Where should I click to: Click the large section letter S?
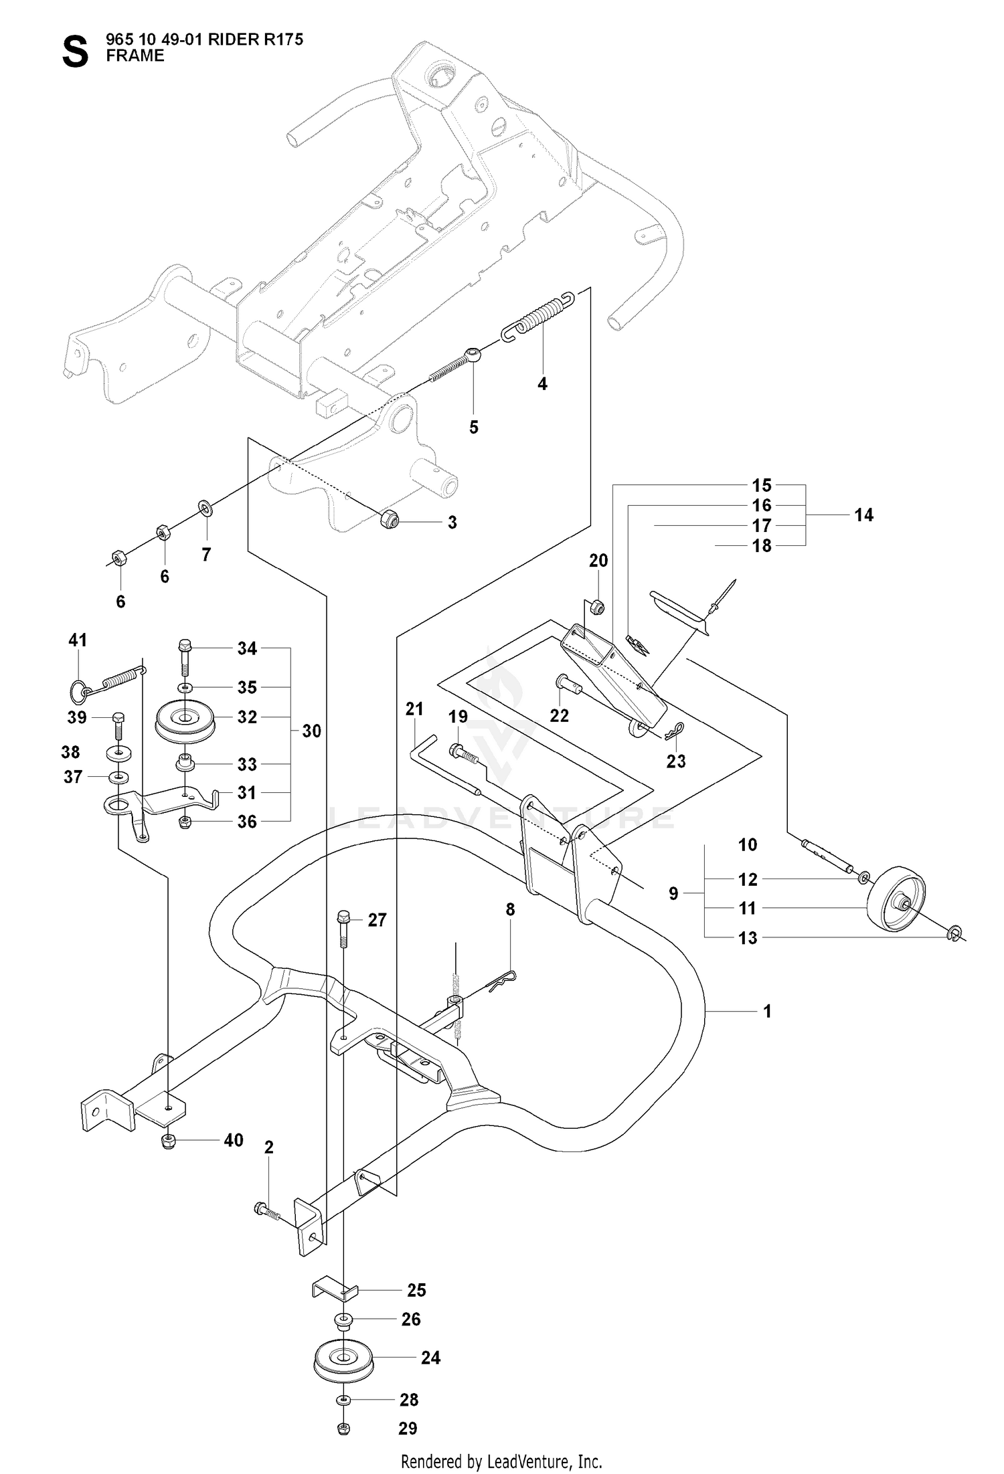tap(75, 53)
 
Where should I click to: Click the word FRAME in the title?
tap(135, 56)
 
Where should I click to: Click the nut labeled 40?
tap(169, 1141)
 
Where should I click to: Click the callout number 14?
tap(863, 515)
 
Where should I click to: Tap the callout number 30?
tap(311, 731)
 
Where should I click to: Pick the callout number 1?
tap(767, 1012)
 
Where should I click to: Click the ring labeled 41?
tap(80, 690)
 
